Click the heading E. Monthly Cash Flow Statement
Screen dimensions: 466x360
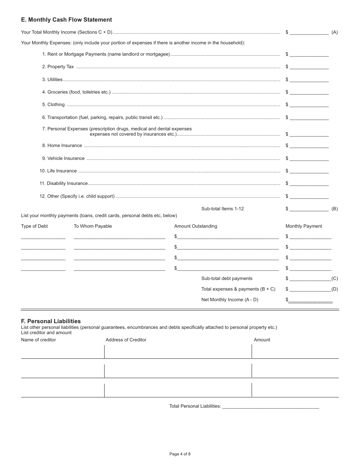pyautogui.click(x=66, y=20)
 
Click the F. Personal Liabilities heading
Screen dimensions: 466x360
pyautogui.click(x=51, y=321)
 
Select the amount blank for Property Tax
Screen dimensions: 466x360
pyautogui.click(x=309, y=67)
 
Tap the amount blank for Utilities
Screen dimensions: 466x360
pyautogui.click(x=309, y=80)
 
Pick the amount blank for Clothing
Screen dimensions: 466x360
pyautogui.click(x=309, y=105)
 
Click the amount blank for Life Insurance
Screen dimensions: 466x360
pyautogui.click(x=309, y=171)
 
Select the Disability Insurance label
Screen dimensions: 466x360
pyautogui.click(x=64, y=183)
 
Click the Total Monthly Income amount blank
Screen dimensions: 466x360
pyautogui.click(x=309, y=33)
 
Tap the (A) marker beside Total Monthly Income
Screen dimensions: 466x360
pyautogui.click(x=335, y=33)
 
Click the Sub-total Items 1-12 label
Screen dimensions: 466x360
pyautogui.click(x=222, y=209)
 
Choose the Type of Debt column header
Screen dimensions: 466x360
pyautogui.click(x=34, y=226)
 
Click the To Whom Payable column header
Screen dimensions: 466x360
pyautogui.click(x=93, y=226)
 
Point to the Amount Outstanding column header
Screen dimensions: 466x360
pyautogui.click(x=196, y=226)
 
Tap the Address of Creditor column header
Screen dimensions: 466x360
pyautogui.click(x=126, y=340)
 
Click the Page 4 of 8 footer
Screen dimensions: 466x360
pyautogui.click(x=180, y=454)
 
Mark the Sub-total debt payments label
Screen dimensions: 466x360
pyautogui.click(x=227, y=278)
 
